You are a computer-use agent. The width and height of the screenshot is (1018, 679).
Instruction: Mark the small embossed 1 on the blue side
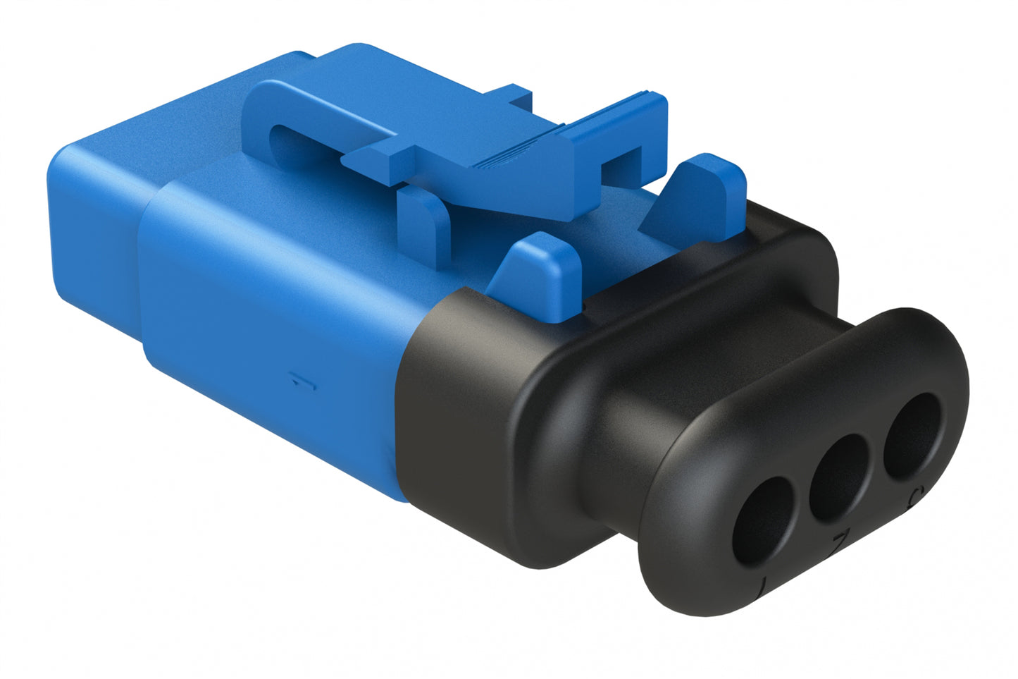tap(304, 384)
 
